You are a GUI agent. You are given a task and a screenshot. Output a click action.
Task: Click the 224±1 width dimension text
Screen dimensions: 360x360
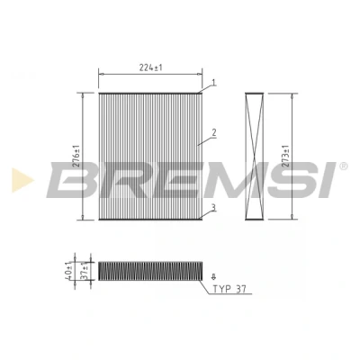tap(150, 68)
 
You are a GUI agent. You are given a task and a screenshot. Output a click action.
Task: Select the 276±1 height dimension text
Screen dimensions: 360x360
tap(76, 157)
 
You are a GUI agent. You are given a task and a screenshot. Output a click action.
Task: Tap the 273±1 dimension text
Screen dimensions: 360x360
tap(286, 157)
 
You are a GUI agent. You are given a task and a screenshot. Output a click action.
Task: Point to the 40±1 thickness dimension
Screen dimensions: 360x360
tap(69, 271)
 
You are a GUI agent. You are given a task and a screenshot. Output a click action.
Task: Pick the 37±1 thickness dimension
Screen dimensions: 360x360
tap(86, 271)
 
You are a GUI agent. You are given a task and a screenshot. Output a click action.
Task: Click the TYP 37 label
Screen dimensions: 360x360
tap(229, 289)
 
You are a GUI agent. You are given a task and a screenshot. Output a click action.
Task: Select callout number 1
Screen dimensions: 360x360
tap(213, 82)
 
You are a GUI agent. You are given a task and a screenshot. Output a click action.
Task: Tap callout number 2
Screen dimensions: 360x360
tap(214, 132)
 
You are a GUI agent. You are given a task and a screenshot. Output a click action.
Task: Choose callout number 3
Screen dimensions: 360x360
tap(213, 207)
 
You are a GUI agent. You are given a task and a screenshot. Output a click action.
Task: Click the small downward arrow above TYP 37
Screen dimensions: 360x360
tap(213, 276)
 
